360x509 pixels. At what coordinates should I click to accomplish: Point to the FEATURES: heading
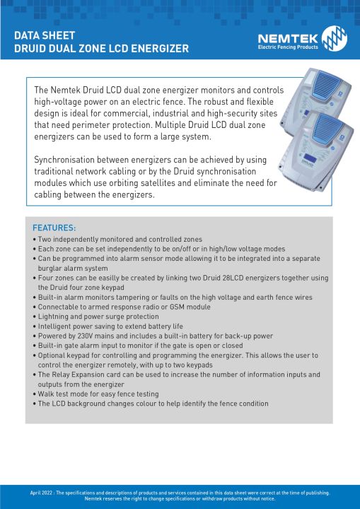pyautogui.click(x=54, y=228)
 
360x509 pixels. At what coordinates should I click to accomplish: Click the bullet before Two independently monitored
pyautogui.click(x=35, y=240)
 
